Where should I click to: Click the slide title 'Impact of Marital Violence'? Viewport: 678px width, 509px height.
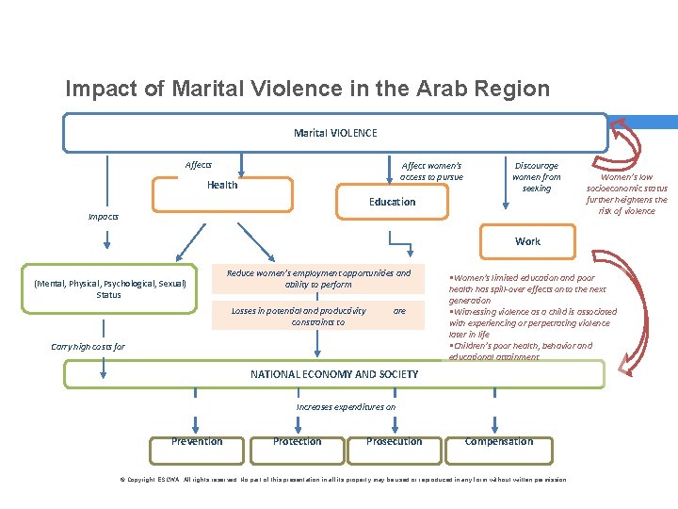pyautogui.click(x=307, y=90)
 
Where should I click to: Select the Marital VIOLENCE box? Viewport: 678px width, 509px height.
pyautogui.click(x=335, y=133)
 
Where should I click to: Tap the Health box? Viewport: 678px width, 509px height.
pyautogui.click(x=222, y=185)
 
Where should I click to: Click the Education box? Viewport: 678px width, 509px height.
pyautogui.click(x=392, y=202)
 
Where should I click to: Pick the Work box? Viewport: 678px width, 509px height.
pyautogui.click(x=527, y=241)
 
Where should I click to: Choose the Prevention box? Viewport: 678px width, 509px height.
pyautogui.click(x=197, y=441)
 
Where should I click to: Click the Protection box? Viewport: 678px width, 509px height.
pyautogui.click(x=297, y=441)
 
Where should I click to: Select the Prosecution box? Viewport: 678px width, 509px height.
pyautogui.click(x=394, y=441)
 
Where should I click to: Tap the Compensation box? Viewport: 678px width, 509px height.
pyautogui.click(x=499, y=441)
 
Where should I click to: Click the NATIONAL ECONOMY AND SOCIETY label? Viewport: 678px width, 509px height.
pyautogui.click(x=334, y=374)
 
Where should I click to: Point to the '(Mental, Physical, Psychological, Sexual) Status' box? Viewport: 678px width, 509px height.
pyautogui.click(x=109, y=288)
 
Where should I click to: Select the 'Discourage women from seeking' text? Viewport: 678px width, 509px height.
pyautogui.click(x=536, y=176)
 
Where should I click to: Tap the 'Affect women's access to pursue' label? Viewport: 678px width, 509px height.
pyautogui.click(x=431, y=171)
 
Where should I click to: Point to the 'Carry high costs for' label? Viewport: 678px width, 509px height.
pyautogui.click(x=88, y=347)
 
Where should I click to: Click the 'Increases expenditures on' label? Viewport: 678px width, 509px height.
pyautogui.click(x=346, y=407)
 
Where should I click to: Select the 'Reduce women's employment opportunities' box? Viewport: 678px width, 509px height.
pyautogui.click(x=318, y=279)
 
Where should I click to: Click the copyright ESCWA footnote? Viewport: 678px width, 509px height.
pyautogui.click(x=344, y=479)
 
